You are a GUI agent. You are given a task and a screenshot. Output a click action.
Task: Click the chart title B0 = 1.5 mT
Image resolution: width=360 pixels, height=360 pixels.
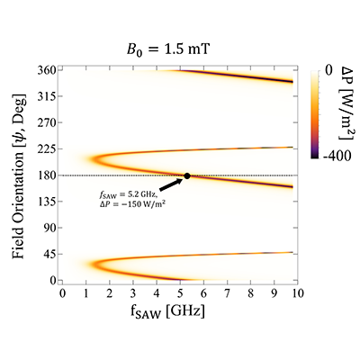167,49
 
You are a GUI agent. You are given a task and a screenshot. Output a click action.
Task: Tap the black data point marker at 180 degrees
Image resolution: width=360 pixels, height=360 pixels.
187,175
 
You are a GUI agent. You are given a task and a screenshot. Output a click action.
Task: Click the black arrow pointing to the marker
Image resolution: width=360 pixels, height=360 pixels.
171,184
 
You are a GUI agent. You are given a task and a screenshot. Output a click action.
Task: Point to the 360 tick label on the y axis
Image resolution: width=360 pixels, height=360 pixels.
45,70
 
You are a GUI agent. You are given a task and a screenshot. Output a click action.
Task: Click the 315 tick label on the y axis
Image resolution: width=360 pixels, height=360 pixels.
45,96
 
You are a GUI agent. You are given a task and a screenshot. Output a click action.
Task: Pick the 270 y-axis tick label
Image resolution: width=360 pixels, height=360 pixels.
45,122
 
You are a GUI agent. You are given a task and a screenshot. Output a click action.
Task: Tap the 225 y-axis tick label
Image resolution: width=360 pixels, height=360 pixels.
45,149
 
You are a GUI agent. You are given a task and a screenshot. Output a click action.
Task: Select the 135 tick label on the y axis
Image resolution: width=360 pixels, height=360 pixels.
45,202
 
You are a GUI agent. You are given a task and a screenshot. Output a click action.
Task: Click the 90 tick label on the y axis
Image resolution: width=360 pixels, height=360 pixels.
49,228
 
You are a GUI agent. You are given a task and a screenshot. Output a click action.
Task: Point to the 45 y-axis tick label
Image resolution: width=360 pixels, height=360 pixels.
49,254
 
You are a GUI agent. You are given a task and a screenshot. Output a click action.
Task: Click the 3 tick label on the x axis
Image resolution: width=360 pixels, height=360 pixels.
133,293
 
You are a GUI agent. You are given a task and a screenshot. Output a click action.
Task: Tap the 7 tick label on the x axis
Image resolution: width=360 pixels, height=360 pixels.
227,293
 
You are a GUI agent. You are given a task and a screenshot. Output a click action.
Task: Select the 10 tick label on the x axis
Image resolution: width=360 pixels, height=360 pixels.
298,293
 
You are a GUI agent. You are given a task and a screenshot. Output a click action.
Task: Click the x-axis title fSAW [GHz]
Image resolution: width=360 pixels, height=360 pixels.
167,312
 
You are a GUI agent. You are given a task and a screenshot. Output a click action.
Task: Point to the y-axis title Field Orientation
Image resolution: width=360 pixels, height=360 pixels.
19,176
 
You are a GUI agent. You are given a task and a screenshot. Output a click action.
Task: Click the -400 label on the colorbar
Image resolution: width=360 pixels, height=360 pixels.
337,156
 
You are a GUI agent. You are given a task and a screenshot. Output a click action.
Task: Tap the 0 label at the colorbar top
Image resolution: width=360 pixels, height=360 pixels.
328,71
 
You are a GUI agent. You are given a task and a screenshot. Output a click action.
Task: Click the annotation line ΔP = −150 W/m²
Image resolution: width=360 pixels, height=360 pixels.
133,204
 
